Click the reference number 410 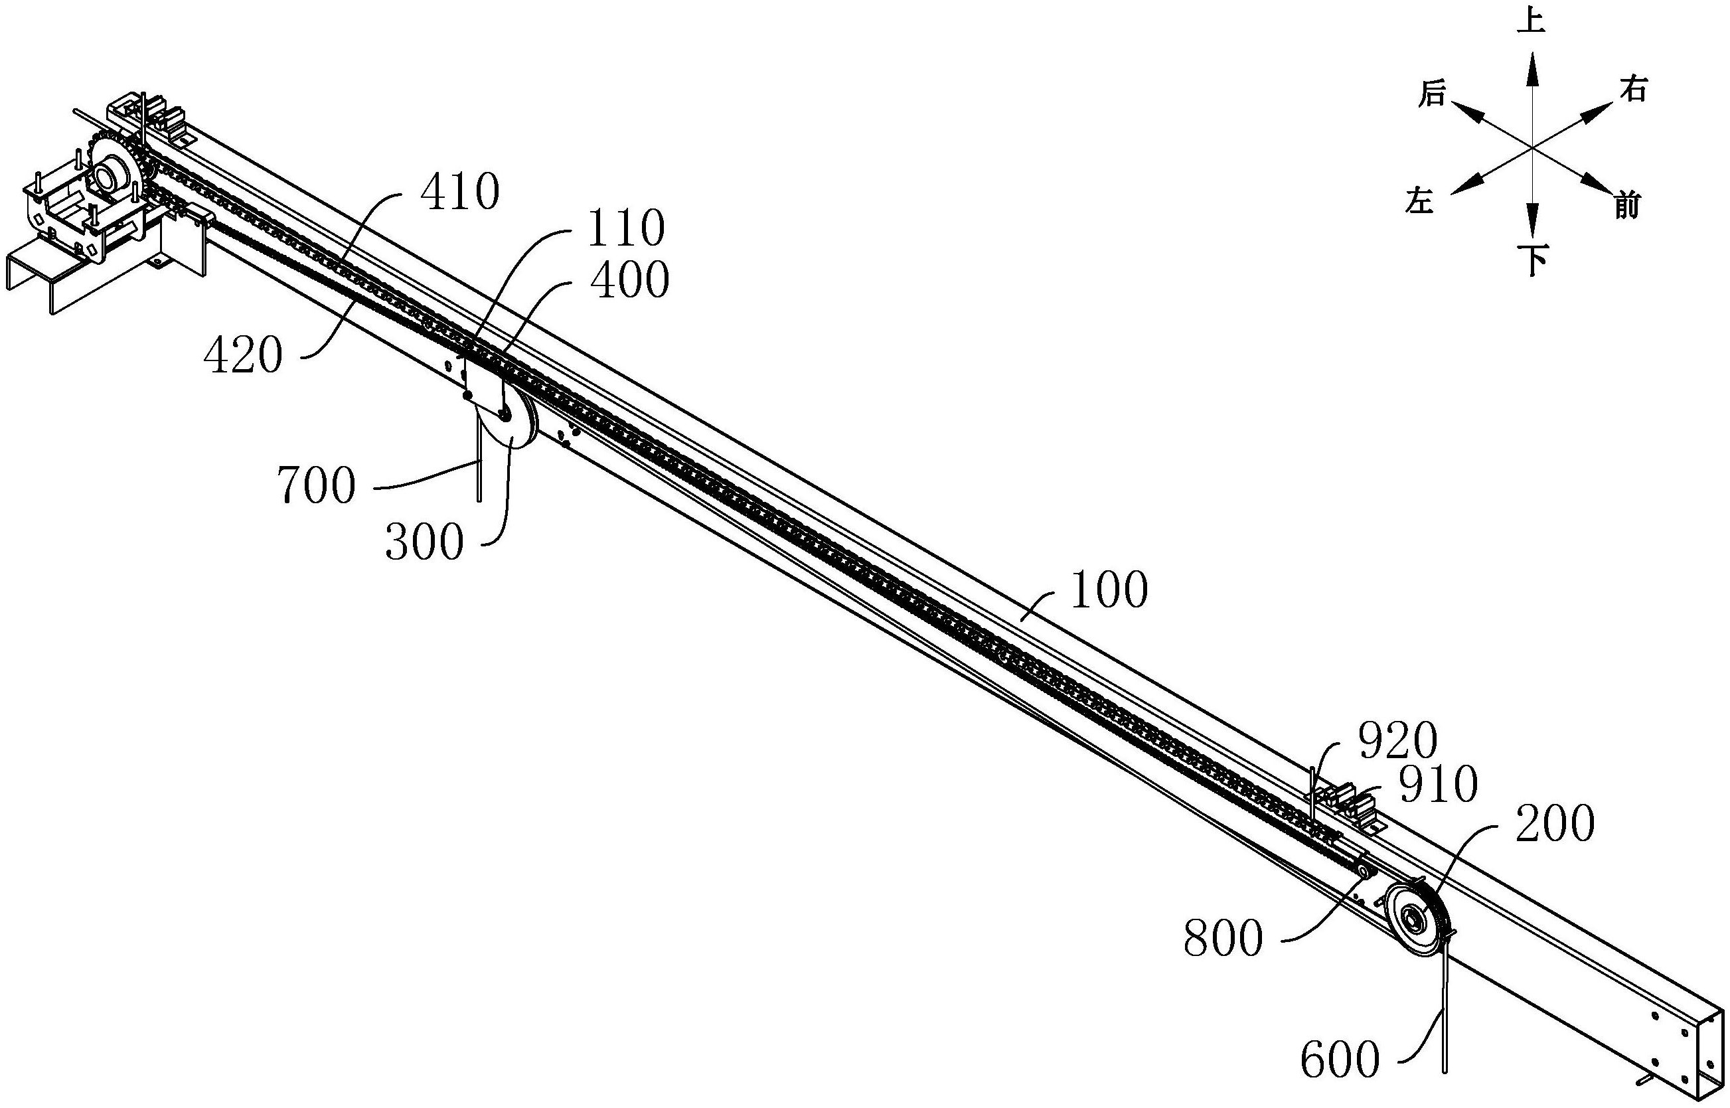point(460,192)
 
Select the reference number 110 point(625,229)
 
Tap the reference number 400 point(630,280)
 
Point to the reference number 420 point(242,355)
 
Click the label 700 point(317,486)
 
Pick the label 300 point(424,542)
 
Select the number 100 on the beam point(1109,591)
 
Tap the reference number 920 point(1397,740)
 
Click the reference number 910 point(1438,784)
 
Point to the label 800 point(1223,939)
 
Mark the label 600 point(1340,1060)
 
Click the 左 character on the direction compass point(1420,201)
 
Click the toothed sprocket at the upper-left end point(118,172)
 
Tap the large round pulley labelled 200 point(1415,919)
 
